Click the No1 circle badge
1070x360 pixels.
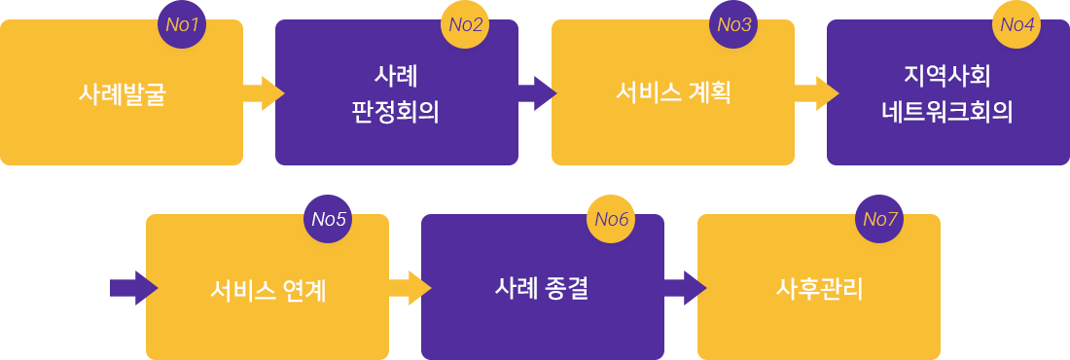[182, 24]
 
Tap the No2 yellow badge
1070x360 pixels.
[465, 24]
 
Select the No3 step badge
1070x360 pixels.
[734, 24]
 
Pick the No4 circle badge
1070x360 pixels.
[1016, 24]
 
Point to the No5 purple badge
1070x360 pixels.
[329, 219]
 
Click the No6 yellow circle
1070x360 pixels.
[611, 219]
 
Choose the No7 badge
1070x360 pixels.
[880, 219]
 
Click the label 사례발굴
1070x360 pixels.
[123, 94]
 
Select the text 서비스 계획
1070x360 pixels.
[673, 93]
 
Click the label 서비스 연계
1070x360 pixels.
[267, 289]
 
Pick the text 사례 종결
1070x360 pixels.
[541, 288]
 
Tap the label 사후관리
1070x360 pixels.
[819, 288]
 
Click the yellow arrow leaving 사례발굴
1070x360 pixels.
[264, 93]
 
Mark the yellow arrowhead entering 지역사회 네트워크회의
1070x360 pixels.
[833, 93]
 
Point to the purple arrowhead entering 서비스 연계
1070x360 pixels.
[152, 288]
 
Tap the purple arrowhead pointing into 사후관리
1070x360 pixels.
[701, 288]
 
